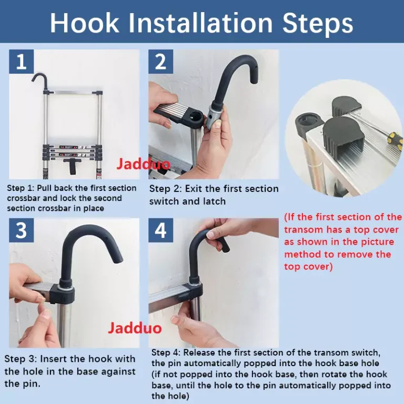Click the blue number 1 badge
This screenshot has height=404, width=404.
pos(22,62)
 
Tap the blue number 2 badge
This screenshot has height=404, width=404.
pos(160,62)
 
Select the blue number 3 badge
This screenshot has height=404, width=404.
pos(22,230)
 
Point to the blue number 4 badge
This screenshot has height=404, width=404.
pos(160,230)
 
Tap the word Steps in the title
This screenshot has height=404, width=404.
pos(317,23)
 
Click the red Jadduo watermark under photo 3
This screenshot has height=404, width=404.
pos(135,328)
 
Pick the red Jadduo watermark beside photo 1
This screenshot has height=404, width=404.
pos(143,164)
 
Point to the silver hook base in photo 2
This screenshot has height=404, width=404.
pos(215,116)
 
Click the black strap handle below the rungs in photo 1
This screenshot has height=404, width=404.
pos(72,166)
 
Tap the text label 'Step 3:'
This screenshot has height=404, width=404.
pos(21,359)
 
